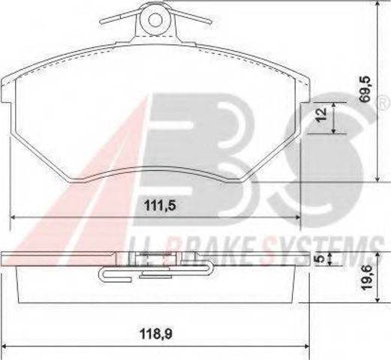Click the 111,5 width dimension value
[x=160, y=205]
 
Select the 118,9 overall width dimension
[x=156, y=334]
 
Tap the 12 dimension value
[x=321, y=115]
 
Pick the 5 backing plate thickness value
[x=320, y=259]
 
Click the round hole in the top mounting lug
[x=155, y=19]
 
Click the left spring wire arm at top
[x=119, y=18]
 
